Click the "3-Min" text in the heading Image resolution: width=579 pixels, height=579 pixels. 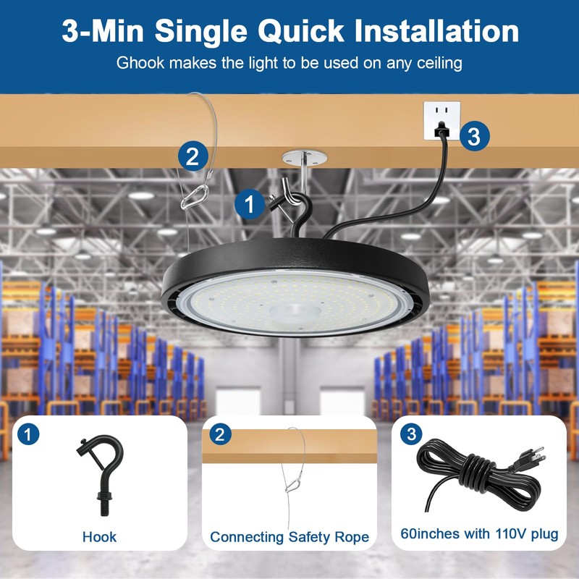coord(106,31)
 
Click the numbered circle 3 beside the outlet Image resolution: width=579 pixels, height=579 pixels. coord(473,136)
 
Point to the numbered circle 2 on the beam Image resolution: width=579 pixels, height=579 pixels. coord(193,156)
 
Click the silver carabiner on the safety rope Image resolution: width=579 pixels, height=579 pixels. coord(193,197)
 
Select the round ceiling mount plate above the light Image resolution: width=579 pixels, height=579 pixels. coord(304,156)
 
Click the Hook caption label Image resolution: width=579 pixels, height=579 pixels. coord(99,537)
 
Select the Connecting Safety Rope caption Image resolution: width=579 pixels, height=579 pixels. coord(289,537)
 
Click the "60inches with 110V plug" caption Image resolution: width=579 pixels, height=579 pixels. coord(480,534)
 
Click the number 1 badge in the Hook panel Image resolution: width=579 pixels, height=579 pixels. coord(27,435)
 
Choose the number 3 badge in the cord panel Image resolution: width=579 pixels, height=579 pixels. coord(412,435)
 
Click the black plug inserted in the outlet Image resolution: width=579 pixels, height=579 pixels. coord(440,130)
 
